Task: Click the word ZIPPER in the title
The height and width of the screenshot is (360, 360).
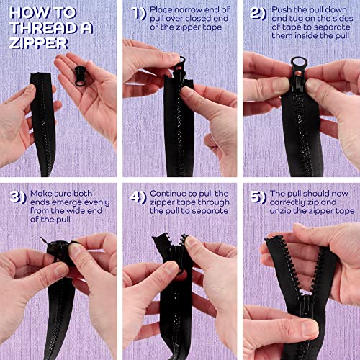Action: [x=38, y=43]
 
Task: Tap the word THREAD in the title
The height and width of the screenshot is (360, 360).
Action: [x=43, y=28]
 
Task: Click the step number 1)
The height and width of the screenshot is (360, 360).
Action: [x=139, y=14]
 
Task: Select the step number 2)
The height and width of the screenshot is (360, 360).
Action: [x=258, y=14]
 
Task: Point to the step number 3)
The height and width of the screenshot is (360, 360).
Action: [x=18, y=197]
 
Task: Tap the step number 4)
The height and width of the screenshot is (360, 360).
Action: [x=138, y=197]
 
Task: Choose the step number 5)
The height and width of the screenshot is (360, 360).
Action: [x=258, y=197]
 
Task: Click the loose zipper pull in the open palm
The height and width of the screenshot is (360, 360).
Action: [x=81, y=76]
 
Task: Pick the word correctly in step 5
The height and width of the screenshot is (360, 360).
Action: [x=286, y=203]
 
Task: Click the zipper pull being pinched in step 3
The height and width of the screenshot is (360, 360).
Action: [x=60, y=251]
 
